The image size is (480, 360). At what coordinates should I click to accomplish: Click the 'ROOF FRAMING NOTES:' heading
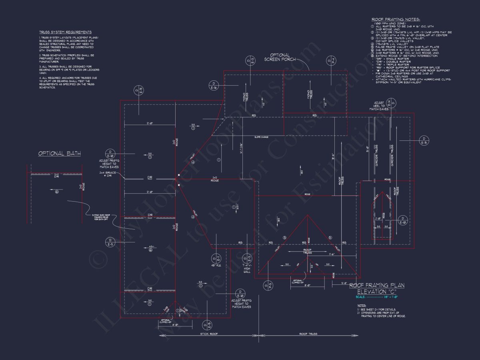click(x=396, y=19)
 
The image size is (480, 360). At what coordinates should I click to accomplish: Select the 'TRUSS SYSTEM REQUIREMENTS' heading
click(x=65, y=32)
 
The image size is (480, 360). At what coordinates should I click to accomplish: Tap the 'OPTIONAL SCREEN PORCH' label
click(x=280, y=57)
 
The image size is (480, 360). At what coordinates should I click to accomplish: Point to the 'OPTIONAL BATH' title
click(x=60, y=153)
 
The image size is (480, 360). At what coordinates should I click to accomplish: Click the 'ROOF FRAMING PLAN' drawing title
click(x=377, y=286)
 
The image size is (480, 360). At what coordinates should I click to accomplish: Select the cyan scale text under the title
click(x=376, y=297)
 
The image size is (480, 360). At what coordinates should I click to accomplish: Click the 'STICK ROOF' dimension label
click(x=209, y=334)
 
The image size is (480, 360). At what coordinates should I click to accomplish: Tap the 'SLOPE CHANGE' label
click(x=261, y=137)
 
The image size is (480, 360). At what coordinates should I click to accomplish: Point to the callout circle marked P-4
click(x=331, y=61)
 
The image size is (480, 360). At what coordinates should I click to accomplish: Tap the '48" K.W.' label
click(x=216, y=265)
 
